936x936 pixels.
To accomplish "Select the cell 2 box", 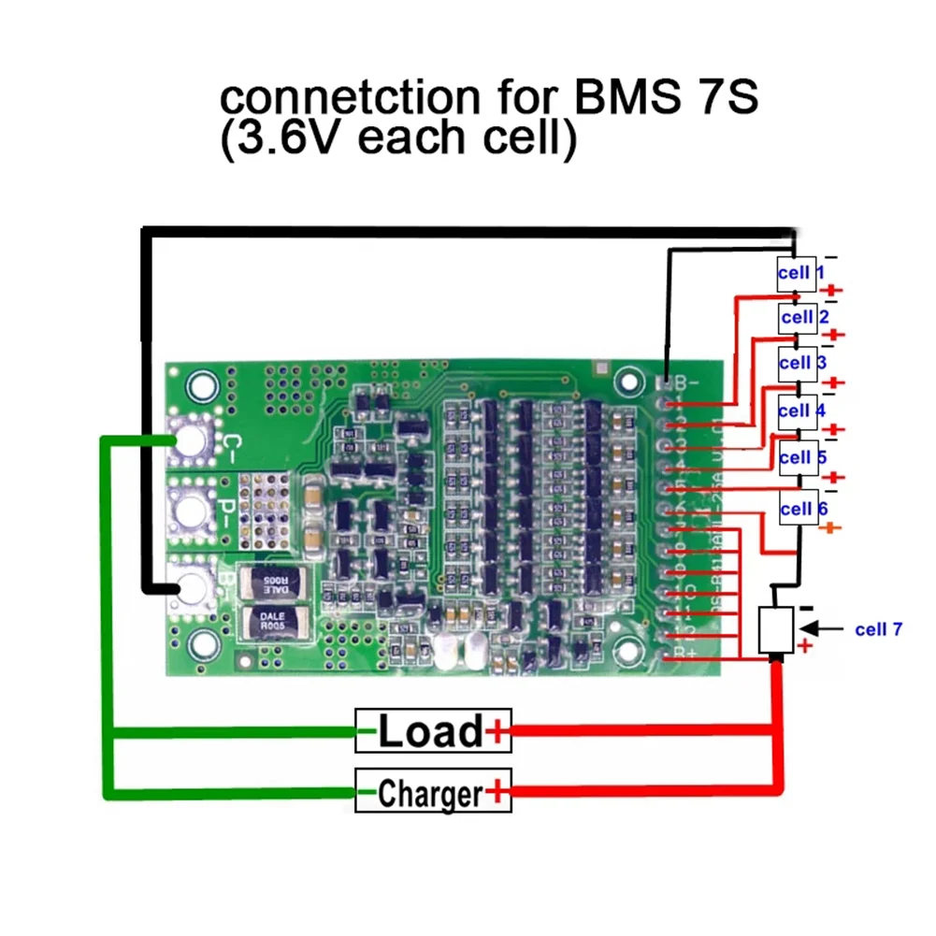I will [x=798, y=318].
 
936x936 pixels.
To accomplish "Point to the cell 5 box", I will [x=798, y=458].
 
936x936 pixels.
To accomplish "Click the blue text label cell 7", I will [x=878, y=629].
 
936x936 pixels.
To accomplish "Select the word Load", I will [x=430, y=730].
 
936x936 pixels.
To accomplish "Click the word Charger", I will [x=430, y=794].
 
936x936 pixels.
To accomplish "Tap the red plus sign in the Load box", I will [x=498, y=731].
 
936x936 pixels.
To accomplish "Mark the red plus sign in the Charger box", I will [x=498, y=794].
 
